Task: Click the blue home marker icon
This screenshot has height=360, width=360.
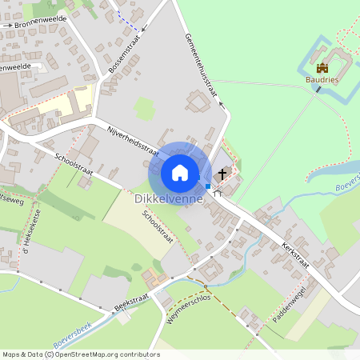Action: tap(180, 172)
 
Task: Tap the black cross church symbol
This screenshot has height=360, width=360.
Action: tap(222, 173)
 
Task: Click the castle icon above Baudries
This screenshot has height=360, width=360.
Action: tap(322, 68)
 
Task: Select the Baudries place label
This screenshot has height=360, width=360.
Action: tap(322, 80)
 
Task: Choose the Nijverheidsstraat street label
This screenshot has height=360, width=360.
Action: tap(127, 139)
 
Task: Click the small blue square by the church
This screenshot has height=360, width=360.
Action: tap(208, 186)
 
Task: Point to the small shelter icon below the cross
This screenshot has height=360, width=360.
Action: tap(217, 193)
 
